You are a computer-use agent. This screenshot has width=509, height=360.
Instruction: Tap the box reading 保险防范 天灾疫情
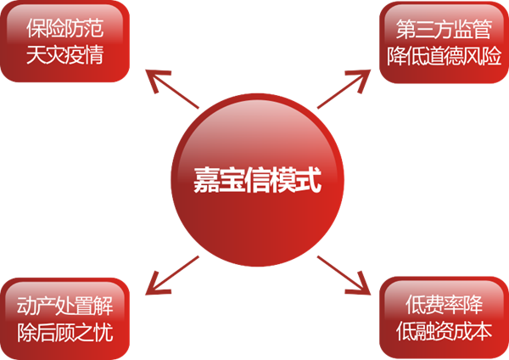point(66,41)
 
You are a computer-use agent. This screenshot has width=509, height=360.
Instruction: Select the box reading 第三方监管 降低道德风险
point(443,41)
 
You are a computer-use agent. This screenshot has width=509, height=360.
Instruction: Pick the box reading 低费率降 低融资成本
point(443,318)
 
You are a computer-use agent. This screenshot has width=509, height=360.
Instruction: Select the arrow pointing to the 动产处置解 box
point(170,270)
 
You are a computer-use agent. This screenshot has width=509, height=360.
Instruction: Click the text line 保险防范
point(66,28)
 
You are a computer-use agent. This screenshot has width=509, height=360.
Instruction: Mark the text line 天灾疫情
point(66,53)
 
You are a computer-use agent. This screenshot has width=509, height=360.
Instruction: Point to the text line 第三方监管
point(443,28)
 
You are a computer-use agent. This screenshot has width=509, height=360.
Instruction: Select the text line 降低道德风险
point(443,53)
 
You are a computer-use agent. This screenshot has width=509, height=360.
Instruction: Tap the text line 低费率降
point(443,305)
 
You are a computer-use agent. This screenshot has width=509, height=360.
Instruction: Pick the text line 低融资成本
point(443,330)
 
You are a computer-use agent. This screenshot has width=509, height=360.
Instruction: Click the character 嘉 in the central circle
point(206,181)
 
